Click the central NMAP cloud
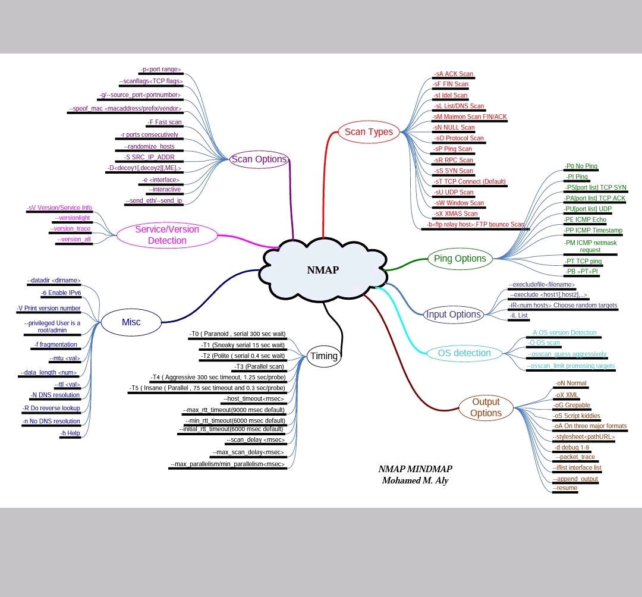tap(323, 270)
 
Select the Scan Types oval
tap(369, 132)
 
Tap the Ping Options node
tap(460, 259)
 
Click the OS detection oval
tap(464, 353)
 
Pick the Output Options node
tap(486, 407)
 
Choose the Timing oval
tap(324, 356)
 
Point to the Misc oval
tap(131, 322)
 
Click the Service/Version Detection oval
tap(167, 235)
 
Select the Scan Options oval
tap(259, 159)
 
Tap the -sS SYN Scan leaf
tap(454, 171)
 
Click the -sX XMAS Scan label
tap(455, 213)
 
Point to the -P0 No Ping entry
tap(581, 166)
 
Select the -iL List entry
tap(519, 315)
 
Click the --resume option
tap(565, 488)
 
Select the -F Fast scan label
tap(165, 122)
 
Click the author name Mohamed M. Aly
tap(415, 480)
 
